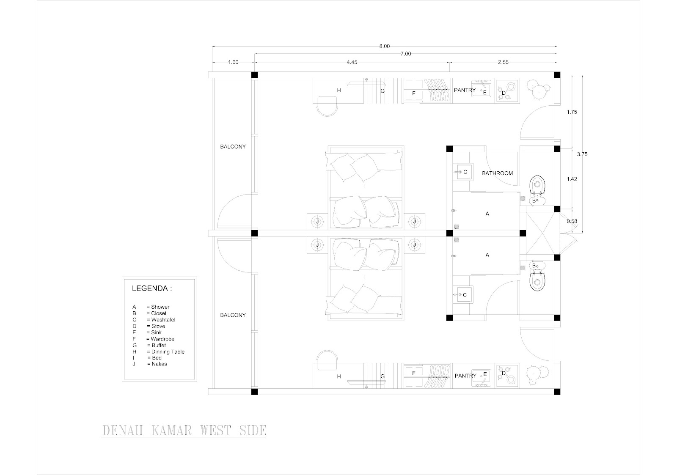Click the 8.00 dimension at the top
tap(384, 47)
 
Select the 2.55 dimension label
tap(503, 62)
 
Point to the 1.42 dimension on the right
tap(572, 179)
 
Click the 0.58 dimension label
tap(572, 221)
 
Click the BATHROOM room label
tap(498, 173)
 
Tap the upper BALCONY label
tap(233, 147)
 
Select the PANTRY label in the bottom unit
tap(465, 376)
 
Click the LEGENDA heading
tap(152, 289)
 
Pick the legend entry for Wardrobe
tap(154, 339)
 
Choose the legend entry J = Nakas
tap(150, 364)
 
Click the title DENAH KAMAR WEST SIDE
tap(184, 431)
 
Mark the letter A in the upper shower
tap(487, 214)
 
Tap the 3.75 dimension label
tap(583, 154)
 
